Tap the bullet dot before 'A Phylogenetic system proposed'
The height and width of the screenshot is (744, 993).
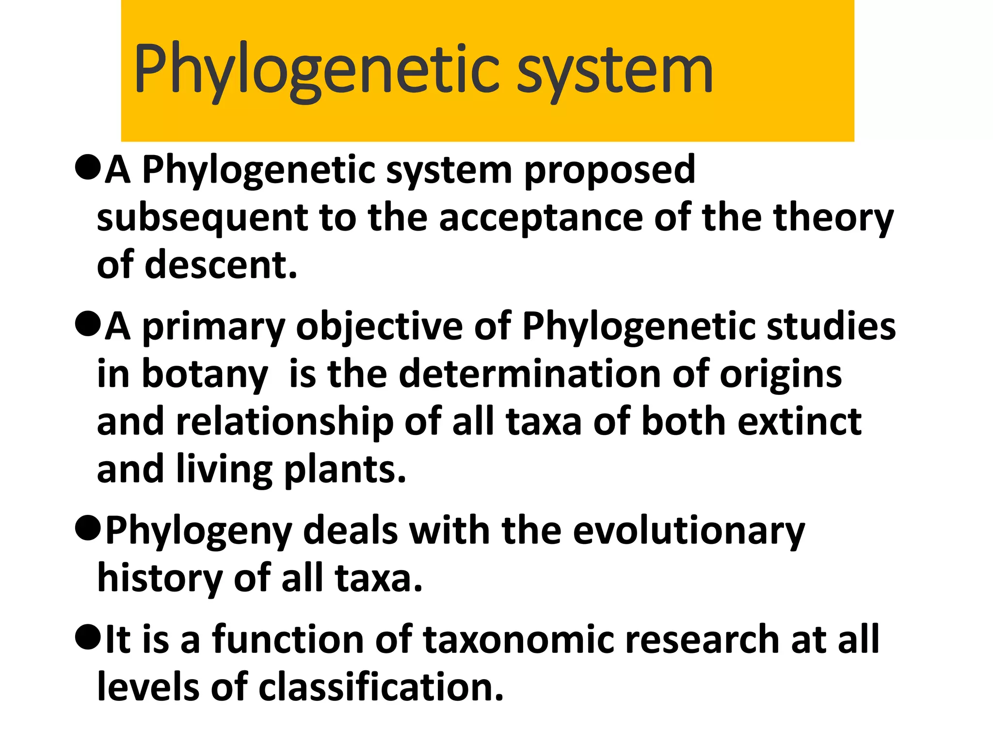tap(88, 168)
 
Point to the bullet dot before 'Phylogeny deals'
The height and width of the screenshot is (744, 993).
tap(88, 528)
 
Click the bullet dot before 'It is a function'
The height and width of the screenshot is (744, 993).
tap(88, 637)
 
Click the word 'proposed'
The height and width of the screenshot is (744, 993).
tap(610, 170)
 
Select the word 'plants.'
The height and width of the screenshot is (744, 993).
tap(344, 470)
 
